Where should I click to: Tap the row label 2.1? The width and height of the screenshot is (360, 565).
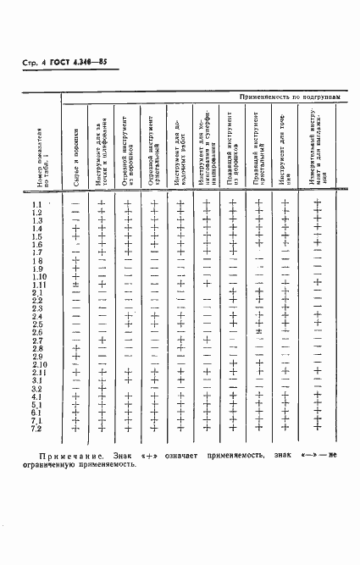(37, 293)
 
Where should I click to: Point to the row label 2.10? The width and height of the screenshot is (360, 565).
(39, 364)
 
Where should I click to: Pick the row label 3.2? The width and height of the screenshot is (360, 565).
(37, 389)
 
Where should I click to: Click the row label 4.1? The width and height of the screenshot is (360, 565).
(37, 396)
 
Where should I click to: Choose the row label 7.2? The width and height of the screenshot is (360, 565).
(37, 429)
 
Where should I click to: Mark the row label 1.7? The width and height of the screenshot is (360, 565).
(37, 252)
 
